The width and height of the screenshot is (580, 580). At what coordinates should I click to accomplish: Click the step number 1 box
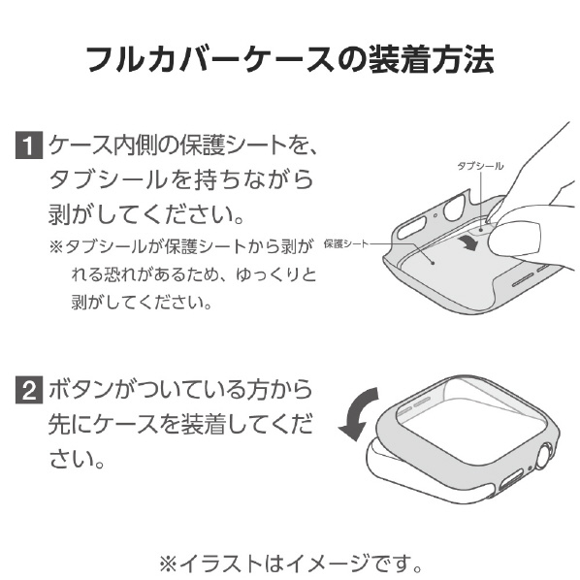[x=29, y=145]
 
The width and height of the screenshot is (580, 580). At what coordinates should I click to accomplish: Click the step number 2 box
[x=29, y=390]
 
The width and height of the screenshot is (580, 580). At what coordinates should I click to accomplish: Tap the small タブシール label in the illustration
[x=480, y=166]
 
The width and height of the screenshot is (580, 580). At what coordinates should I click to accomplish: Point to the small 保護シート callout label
[x=346, y=243]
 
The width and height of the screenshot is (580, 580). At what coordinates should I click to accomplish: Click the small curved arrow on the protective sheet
[x=467, y=243]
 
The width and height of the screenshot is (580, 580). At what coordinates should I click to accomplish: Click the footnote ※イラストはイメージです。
[x=290, y=564]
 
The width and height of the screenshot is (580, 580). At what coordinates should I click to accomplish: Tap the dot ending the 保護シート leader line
[x=433, y=263]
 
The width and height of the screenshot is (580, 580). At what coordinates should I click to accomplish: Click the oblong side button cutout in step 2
[x=511, y=480]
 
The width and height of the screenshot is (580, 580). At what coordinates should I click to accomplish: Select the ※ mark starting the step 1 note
[x=56, y=246]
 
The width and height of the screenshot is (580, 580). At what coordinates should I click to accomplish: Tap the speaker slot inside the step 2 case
[x=422, y=403]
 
